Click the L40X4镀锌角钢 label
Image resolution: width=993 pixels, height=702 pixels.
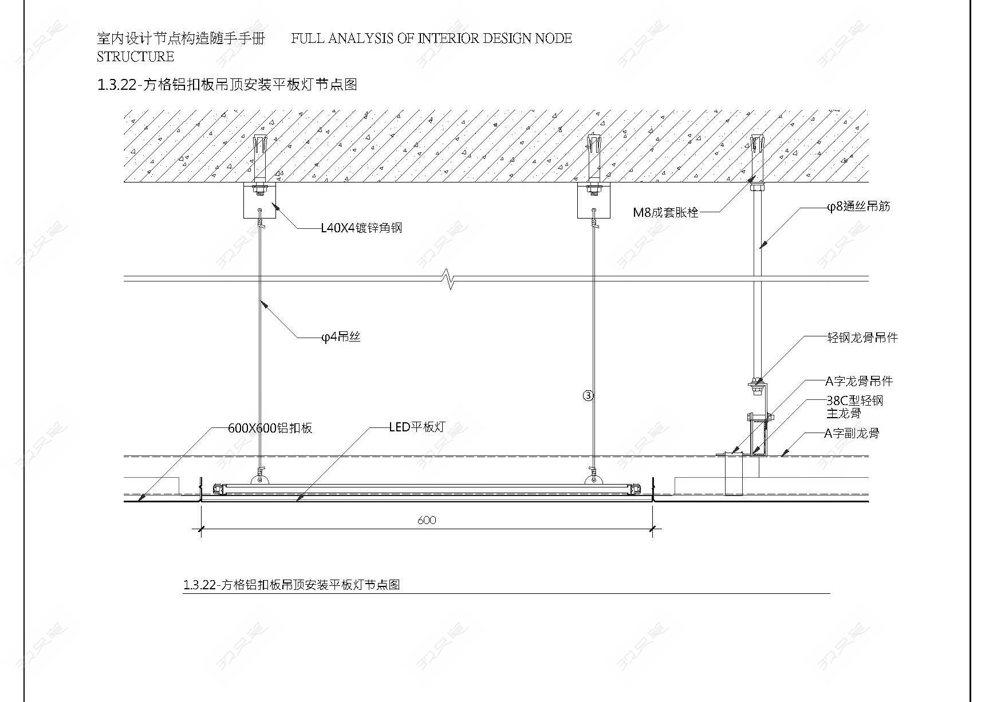(361, 228)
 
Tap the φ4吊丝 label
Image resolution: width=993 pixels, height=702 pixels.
(341, 338)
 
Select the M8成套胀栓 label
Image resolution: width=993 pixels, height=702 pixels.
(665, 213)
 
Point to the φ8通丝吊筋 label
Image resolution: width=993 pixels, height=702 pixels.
(858, 207)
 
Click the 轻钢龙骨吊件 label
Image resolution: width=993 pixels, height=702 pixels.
(862, 338)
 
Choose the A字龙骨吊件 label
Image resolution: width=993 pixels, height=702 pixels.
(858, 381)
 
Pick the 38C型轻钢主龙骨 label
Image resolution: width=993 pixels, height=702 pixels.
(854, 407)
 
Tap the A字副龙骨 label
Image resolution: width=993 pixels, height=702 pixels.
(851, 434)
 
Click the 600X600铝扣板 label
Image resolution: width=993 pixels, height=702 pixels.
(270, 429)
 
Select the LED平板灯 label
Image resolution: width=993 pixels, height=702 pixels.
(416, 427)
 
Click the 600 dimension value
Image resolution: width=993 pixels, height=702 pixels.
(427, 520)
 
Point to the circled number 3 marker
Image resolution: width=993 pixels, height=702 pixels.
(588, 395)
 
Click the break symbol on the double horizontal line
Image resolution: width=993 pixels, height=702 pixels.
(450, 280)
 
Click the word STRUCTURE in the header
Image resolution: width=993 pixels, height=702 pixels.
(136, 57)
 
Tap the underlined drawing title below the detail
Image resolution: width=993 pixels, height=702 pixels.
(291, 585)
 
